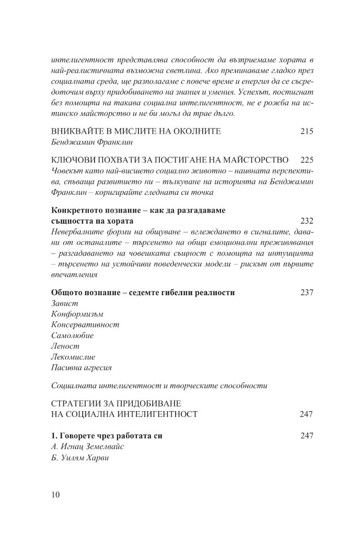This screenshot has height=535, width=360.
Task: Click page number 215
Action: point(307,132)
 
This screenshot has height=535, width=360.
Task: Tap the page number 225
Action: point(307,159)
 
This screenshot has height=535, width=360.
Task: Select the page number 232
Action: point(307,220)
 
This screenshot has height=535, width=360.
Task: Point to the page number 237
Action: point(307,293)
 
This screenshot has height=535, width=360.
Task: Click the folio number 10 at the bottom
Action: point(56,495)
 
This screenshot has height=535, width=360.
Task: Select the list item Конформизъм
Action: point(78,314)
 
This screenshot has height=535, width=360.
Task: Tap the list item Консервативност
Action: point(86,324)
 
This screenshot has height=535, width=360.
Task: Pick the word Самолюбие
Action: point(73,335)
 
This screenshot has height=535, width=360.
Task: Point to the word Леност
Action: point(65,346)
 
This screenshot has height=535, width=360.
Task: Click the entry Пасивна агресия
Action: point(82,367)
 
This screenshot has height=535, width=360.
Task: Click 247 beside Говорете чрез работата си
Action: point(307,435)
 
